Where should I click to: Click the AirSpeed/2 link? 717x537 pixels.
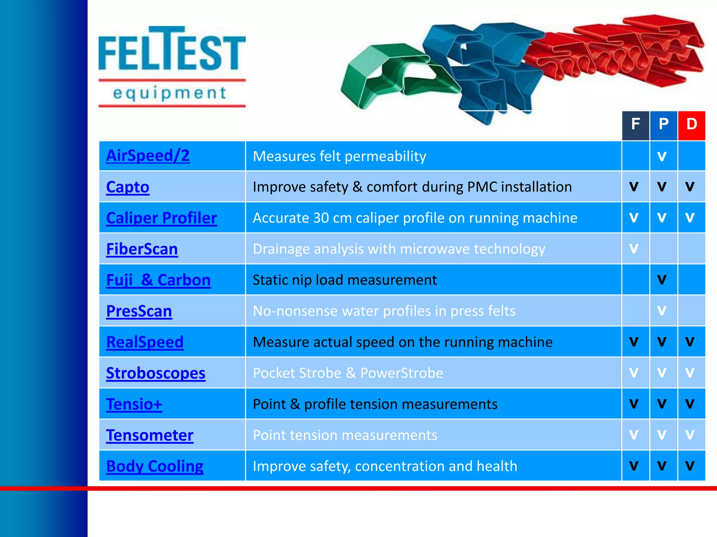click(x=148, y=156)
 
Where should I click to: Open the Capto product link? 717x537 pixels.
click(x=128, y=187)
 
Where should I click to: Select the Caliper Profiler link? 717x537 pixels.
click(x=161, y=218)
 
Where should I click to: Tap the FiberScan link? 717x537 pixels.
click(x=142, y=249)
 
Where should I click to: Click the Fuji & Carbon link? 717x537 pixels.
click(x=158, y=280)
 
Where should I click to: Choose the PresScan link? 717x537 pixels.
click(x=139, y=311)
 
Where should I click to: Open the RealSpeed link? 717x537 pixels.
click(x=145, y=342)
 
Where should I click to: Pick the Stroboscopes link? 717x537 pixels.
click(x=155, y=373)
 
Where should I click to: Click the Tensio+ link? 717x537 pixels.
click(x=134, y=404)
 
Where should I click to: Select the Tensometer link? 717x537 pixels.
click(x=149, y=436)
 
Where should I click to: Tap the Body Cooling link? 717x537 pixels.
click(x=154, y=466)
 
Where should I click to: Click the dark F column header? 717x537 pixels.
click(x=635, y=125)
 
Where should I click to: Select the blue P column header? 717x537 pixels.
click(x=663, y=125)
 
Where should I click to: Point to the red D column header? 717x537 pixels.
click(x=691, y=125)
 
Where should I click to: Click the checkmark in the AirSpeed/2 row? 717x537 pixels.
click(x=662, y=157)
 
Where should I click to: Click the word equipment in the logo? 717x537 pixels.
click(x=170, y=93)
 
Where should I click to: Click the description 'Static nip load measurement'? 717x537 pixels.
click(x=344, y=280)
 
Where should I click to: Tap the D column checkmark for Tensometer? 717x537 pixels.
click(x=690, y=435)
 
